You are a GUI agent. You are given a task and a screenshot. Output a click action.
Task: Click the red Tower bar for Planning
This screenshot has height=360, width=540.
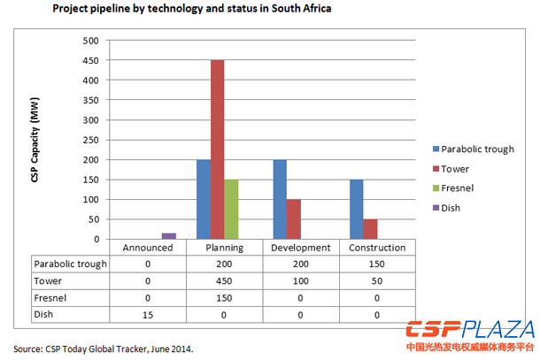pyautogui.click(x=217, y=149)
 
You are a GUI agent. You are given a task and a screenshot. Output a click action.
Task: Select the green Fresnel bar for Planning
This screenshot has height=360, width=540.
pyautogui.click(x=231, y=210)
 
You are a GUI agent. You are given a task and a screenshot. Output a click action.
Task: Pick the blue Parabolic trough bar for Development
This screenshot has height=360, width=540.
pyautogui.click(x=281, y=199)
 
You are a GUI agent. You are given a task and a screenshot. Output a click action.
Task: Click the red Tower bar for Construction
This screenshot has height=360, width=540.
pyautogui.click(x=369, y=229)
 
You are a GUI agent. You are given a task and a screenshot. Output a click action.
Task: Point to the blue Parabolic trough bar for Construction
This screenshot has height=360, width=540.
pyautogui.click(x=355, y=210)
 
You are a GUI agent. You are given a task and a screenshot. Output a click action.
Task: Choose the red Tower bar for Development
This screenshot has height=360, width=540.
pyautogui.click(x=295, y=219)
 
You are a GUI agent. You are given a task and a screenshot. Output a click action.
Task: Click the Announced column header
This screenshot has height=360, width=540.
pyautogui.click(x=147, y=249)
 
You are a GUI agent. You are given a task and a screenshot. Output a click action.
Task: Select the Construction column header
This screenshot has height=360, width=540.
pyautogui.click(x=376, y=249)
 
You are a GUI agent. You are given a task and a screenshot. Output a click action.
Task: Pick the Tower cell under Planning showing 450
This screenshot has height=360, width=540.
pyautogui.click(x=224, y=280)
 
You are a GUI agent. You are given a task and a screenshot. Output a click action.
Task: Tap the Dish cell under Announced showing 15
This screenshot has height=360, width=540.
pyautogui.click(x=147, y=314)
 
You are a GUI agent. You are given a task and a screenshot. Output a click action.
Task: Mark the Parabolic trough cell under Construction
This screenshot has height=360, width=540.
pyautogui.click(x=376, y=264)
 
